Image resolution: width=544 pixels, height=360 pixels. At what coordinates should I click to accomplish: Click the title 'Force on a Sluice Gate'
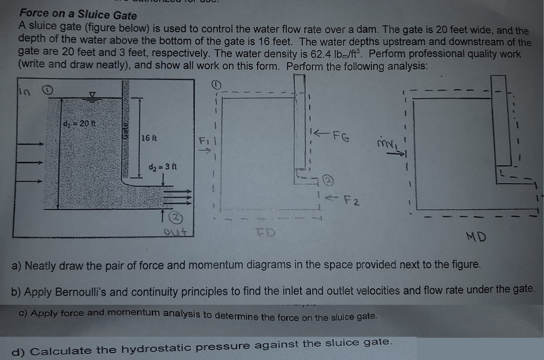(78, 15)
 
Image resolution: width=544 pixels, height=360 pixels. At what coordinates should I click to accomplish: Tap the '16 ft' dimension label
(149, 139)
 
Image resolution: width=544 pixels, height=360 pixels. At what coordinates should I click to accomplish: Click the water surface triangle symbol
(92, 94)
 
